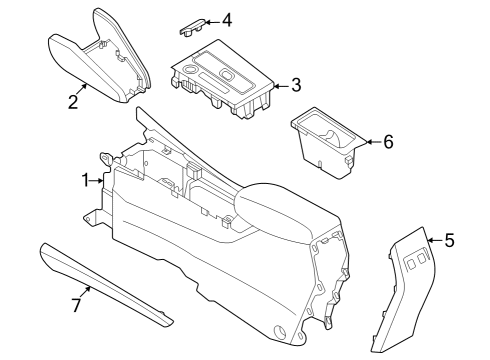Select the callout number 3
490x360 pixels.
tap(296, 85)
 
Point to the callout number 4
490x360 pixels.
tap(227, 20)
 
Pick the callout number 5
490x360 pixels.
tap(449, 240)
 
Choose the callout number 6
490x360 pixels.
tap(388, 142)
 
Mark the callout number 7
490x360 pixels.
tap(76, 303)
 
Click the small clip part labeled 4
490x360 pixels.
tap(193, 24)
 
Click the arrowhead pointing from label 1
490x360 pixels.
tap(102, 181)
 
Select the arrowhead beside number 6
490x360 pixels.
tap(365, 143)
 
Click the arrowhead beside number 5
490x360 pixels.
tap(430, 241)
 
